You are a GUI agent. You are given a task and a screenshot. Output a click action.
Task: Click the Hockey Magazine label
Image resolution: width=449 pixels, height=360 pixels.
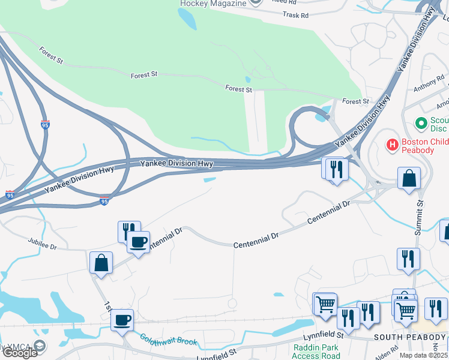[x=213, y=3]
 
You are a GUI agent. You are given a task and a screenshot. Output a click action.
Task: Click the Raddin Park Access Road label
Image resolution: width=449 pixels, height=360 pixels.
[x=316, y=352]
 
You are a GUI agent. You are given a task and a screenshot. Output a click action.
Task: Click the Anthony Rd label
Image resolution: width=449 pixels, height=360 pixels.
[x=429, y=87]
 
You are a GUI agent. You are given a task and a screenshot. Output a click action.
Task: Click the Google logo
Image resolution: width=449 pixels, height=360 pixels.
[x=20, y=353]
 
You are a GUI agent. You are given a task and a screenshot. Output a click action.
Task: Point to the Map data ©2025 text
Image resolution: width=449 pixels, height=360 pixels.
[x=424, y=355]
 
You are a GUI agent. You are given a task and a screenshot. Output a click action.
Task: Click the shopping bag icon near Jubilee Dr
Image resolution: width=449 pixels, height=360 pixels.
[x=101, y=263]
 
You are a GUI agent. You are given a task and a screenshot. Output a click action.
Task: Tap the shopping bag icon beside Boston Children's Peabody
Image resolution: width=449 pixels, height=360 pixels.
[x=409, y=178]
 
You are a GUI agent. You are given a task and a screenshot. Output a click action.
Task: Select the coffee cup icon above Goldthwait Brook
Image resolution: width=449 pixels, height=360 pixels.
[x=122, y=319]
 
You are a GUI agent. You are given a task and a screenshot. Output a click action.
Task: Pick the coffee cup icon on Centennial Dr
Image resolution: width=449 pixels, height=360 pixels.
[x=138, y=242]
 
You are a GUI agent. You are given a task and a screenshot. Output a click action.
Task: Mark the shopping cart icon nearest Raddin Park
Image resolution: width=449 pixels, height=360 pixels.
[x=325, y=304]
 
